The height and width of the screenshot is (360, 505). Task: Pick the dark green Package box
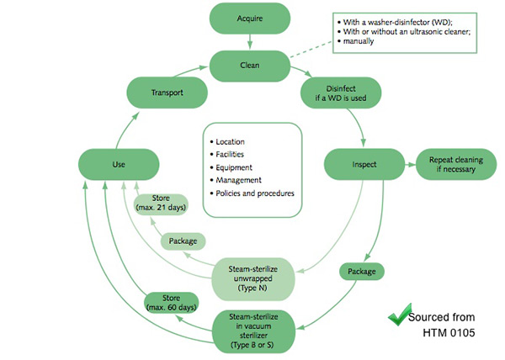click(362, 272)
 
